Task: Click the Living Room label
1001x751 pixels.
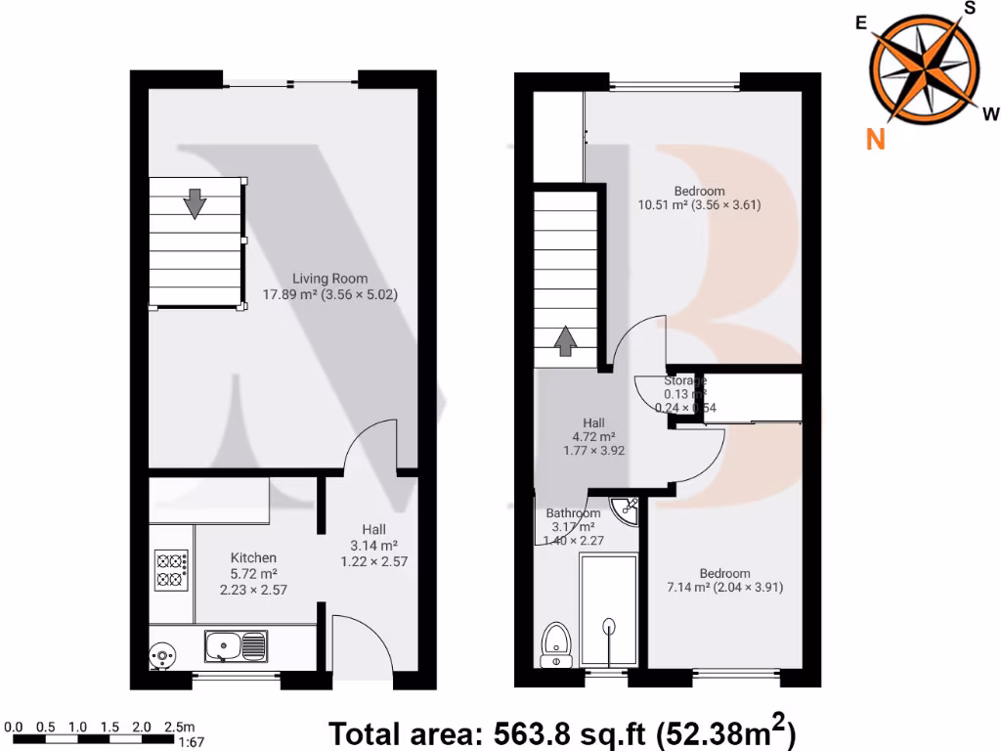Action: point(330,279)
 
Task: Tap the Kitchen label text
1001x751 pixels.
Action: point(252,558)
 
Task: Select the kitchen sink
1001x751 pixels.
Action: point(235,645)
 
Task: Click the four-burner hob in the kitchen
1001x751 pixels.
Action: point(171,570)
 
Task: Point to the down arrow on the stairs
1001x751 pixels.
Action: point(196,203)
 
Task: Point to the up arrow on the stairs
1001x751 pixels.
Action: point(565,341)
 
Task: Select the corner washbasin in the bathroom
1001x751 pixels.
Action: point(625,508)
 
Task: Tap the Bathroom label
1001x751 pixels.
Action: point(573,513)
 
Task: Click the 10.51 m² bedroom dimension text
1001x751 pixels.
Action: point(699,205)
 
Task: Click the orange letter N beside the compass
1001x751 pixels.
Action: point(876,140)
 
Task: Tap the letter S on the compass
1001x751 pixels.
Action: point(970,8)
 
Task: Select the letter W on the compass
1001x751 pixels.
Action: point(990,112)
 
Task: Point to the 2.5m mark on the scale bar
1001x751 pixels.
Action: point(180,727)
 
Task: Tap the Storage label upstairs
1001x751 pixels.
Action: point(684,380)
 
